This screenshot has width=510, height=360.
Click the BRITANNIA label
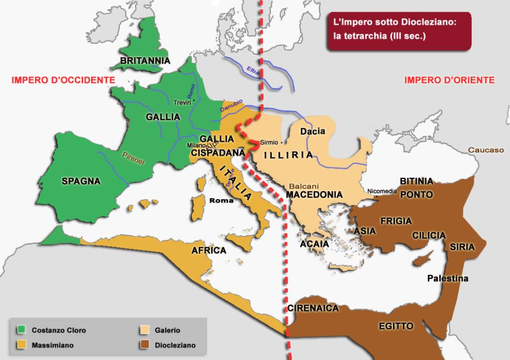[x=145, y=61]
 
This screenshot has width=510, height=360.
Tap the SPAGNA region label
[x=81, y=181]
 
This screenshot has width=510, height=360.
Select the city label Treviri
[x=182, y=103]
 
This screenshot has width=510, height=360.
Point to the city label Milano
[x=196, y=145]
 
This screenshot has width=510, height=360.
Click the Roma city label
[x=221, y=201]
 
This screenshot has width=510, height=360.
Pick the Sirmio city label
[x=269, y=142]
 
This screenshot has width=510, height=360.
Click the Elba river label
[x=254, y=72]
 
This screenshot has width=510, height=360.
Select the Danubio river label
[x=231, y=106]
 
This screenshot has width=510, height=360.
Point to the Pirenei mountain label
[x=133, y=158]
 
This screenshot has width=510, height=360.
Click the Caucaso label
[x=486, y=150]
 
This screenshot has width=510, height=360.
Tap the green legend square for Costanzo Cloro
[x=21, y=330]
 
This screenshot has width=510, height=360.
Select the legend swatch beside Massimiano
[x=21, y=345]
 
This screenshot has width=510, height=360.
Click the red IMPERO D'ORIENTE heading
[x=449, y=80]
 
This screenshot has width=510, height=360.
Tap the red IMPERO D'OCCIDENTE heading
[x=63, y=80]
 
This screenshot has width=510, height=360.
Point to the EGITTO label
[x=396, y=326]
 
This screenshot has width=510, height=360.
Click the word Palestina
[x=448, y=278]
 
